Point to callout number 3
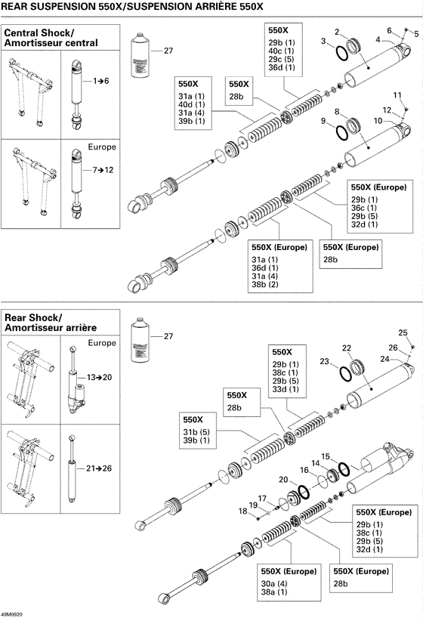click(323, 40)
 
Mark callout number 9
click(323, 121)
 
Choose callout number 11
click(394, 94)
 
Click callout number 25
click(402, 332)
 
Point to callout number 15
click(326, 456)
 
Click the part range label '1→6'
click(101, 80)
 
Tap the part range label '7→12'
click(101, 171)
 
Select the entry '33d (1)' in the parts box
click(286, 389)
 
